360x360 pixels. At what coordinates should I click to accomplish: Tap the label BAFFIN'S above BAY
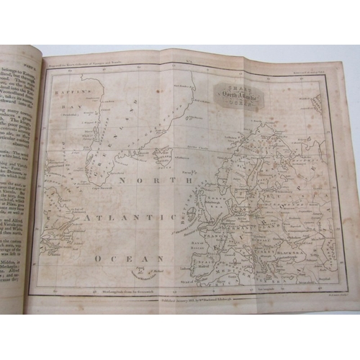click(73, 93)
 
